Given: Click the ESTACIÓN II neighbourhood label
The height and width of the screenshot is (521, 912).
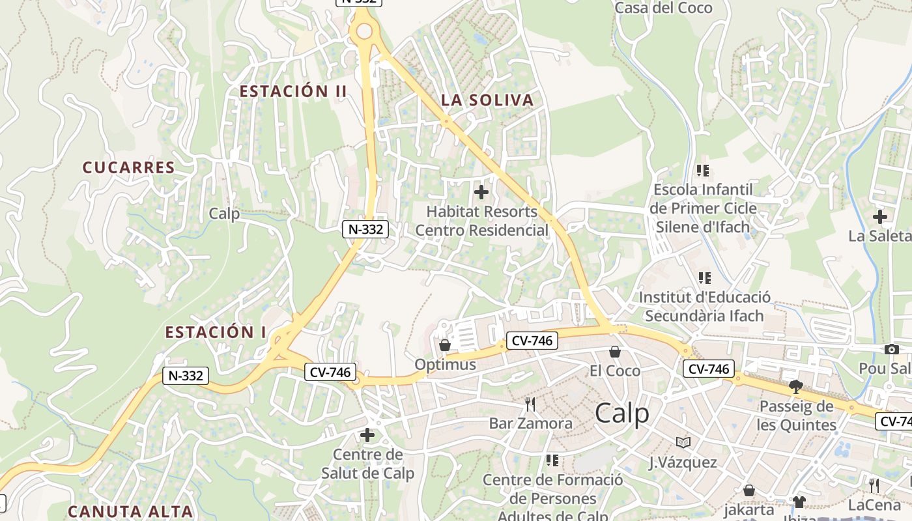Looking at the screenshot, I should click(293, 91).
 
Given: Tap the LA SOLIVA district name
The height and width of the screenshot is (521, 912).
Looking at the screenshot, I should click(487, 100).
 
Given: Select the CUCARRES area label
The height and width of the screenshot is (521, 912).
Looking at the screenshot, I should click(129, 167).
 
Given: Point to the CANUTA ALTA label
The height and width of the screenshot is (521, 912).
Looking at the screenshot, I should click(130, 511).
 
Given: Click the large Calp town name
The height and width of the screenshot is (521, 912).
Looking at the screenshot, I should click(622, 414).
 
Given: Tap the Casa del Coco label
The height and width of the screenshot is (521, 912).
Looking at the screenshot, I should click(664, 8).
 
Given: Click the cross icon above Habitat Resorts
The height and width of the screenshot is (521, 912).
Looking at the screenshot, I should click(481, 192).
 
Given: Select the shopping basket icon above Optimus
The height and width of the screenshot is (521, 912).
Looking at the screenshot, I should click(445, 345).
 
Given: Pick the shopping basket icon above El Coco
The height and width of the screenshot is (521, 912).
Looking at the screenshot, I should click(614, 352).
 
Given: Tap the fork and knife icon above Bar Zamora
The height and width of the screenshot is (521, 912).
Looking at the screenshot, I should click(530, 404).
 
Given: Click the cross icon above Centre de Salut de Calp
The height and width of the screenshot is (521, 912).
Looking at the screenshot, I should click(367, 435).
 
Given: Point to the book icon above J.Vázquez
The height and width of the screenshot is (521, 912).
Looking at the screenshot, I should click(683, 443).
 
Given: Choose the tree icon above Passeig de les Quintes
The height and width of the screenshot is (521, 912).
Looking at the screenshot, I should click(795, 387).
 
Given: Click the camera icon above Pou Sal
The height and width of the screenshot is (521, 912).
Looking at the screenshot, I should click(892, 350).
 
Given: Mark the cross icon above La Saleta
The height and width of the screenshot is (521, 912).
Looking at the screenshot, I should click(880, 217).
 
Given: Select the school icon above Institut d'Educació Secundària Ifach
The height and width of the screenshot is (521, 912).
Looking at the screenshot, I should click(704, 278).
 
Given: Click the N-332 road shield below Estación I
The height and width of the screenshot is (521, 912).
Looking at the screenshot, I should click(186, 376).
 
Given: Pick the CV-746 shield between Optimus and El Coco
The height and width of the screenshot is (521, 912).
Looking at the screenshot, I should click(532, 340).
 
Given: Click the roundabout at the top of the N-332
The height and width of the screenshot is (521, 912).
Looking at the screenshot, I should click(364, 31).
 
